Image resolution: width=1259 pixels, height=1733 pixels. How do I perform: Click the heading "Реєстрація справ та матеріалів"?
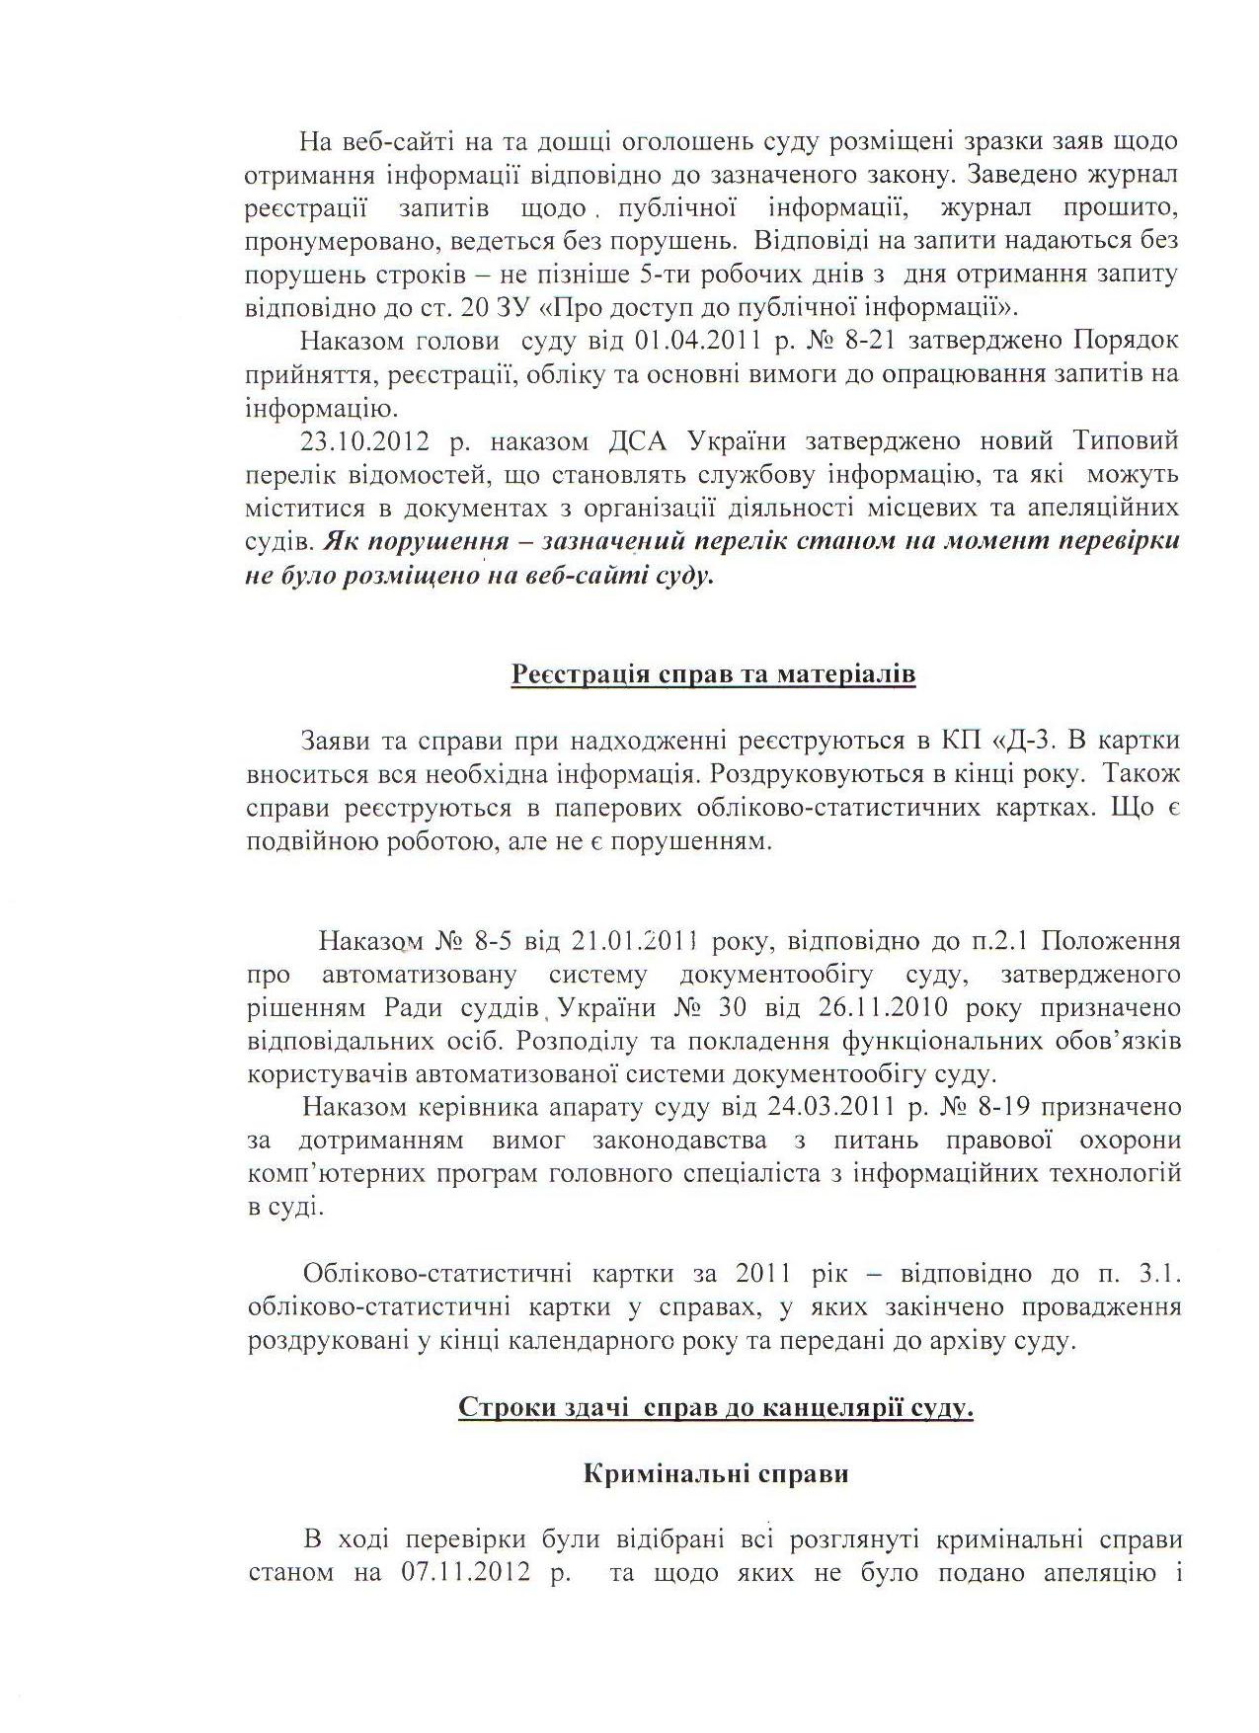(x=714, y=674)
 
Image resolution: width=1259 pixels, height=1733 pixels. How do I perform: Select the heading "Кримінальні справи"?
(x=716, y=1475)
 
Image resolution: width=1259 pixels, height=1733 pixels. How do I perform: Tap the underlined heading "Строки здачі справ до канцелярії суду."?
(x=716, y=1408)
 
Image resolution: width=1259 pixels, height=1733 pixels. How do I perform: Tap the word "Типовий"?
(x=1126, y=440)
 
